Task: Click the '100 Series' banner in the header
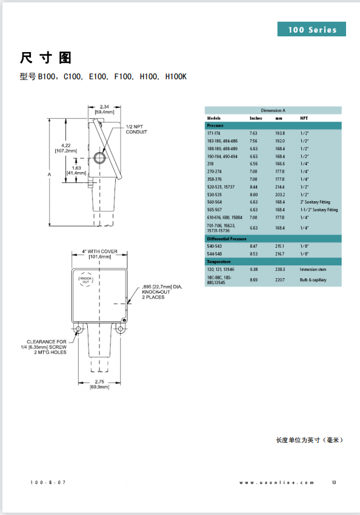[312, 30]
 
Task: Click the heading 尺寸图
[46, 58]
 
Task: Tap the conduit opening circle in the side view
[100, 158]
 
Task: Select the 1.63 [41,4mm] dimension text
[77, 170]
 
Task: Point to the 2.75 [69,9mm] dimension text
[99, 384]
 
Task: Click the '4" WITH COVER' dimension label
[99, 253]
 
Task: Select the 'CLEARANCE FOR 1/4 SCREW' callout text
[47, 347]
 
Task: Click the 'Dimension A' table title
[273, 110]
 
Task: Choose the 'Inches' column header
[256, 118]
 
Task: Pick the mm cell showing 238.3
[280, 269]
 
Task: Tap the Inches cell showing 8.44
[253, 187]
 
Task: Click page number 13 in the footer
[334, 482]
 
